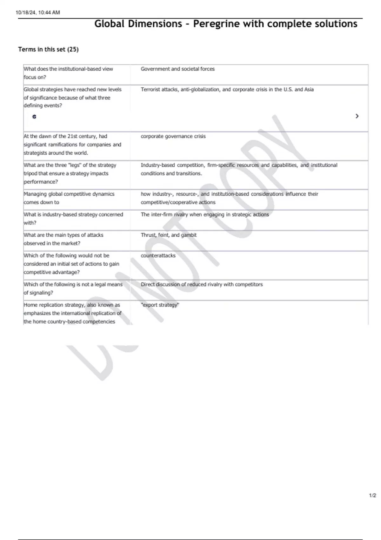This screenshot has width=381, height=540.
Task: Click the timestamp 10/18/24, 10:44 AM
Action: (37, 13)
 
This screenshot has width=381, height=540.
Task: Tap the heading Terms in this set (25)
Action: (48, 49)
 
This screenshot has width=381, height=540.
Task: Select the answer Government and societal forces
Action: (177, 69)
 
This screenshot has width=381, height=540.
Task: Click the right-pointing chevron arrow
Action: (357, 116)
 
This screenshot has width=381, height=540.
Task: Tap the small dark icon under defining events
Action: (34, 117)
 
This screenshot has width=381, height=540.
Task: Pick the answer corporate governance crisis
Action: (173, 136)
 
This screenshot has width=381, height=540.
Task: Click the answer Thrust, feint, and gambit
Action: (169, 235)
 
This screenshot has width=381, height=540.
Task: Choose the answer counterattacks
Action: (158, 255)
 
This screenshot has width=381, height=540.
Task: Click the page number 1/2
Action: (372, 496)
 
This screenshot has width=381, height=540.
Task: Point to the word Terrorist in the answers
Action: (150, 90)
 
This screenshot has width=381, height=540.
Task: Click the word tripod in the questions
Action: (30, 173)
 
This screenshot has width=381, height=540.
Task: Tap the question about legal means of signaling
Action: (73, 288)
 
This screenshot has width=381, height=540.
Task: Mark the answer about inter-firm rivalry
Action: (205, 214)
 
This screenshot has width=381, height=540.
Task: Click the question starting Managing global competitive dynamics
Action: (69, 198)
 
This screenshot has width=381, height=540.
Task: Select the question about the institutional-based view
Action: (68, 73)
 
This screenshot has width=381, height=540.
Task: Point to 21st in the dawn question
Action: (75, 136)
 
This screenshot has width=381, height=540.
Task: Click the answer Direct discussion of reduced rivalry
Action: (202, 284)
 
